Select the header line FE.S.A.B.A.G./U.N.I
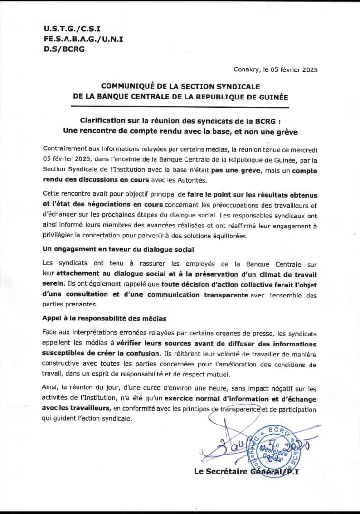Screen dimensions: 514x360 (x=83, y=39)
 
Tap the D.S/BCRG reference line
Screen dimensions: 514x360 (x=63, y=49)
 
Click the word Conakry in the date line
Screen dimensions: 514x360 (x=246, y=69)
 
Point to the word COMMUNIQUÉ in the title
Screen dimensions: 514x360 (x=127, y=86)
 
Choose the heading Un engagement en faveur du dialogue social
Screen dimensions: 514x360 (x=118, y=250)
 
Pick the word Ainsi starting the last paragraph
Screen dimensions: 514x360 (x=50, y=389)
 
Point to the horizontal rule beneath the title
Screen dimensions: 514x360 (x=180, y=108)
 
